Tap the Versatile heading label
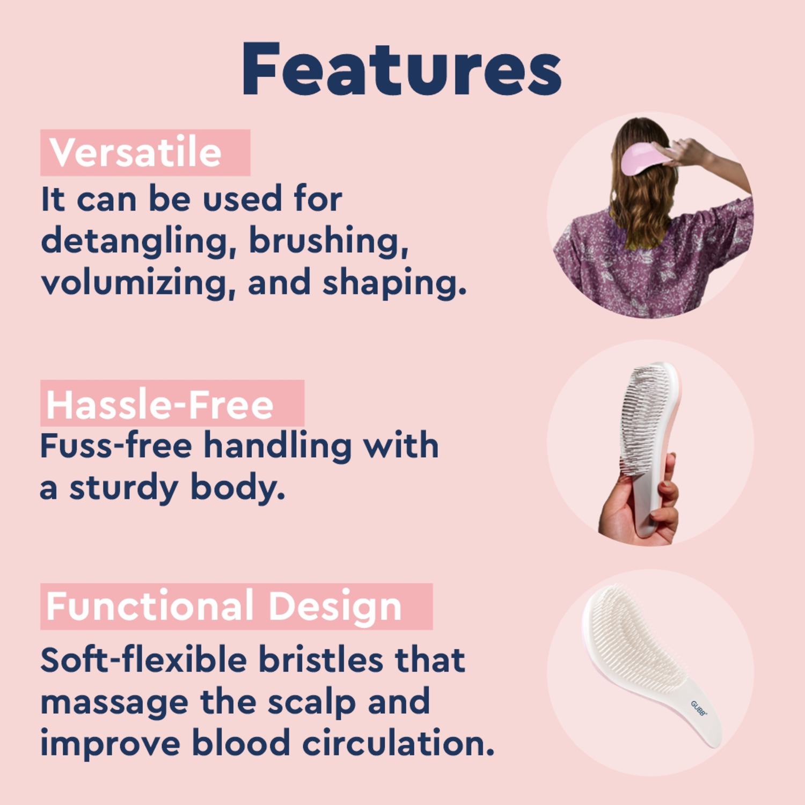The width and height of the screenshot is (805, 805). click(135, 152)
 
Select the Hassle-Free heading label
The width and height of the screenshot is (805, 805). click(160, 405)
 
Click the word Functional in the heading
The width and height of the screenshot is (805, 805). click(150, 606)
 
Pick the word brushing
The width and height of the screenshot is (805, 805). click(328, 241)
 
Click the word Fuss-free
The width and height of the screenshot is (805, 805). click(116, 445)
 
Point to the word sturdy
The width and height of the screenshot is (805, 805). click(123, 489)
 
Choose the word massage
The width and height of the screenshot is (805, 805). click(114, 703)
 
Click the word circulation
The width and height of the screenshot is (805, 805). click(398, 743)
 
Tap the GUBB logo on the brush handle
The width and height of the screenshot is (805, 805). click(699, 708)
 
